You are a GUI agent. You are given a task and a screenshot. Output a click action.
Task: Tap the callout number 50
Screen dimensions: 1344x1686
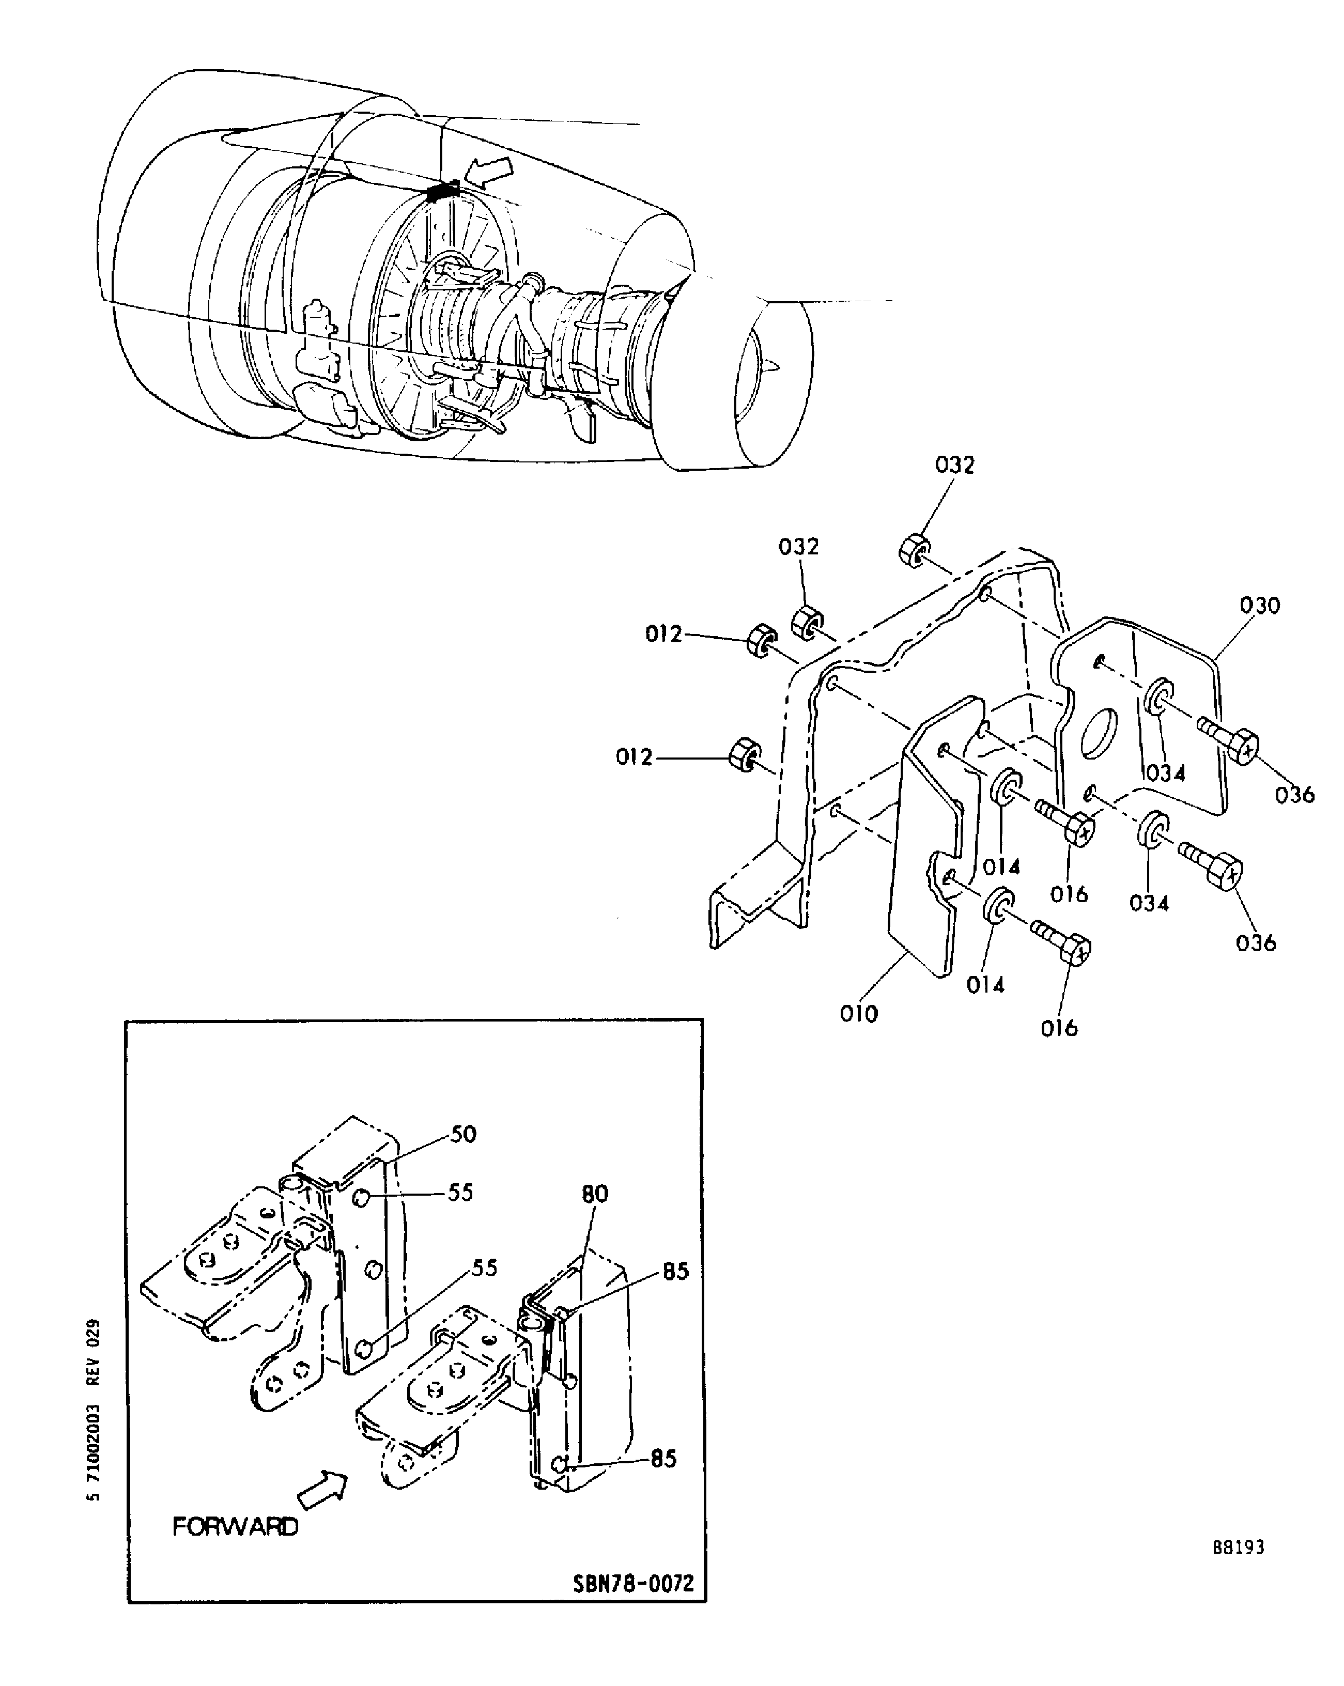point(464,1134)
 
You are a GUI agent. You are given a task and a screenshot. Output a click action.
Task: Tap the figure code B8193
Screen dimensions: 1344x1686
point(1239,1547)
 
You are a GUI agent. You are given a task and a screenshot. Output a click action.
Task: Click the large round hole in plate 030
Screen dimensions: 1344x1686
point(1100,734)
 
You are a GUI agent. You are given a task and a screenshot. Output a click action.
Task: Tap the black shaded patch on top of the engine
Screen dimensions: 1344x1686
point(442,190)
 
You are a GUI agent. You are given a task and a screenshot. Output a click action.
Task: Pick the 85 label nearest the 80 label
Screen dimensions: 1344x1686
point(675,1272)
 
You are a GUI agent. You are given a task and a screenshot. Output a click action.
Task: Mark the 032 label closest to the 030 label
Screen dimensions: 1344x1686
point(954,466)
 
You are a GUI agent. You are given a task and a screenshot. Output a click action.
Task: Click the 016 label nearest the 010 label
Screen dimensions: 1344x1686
point(1059,1028)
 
